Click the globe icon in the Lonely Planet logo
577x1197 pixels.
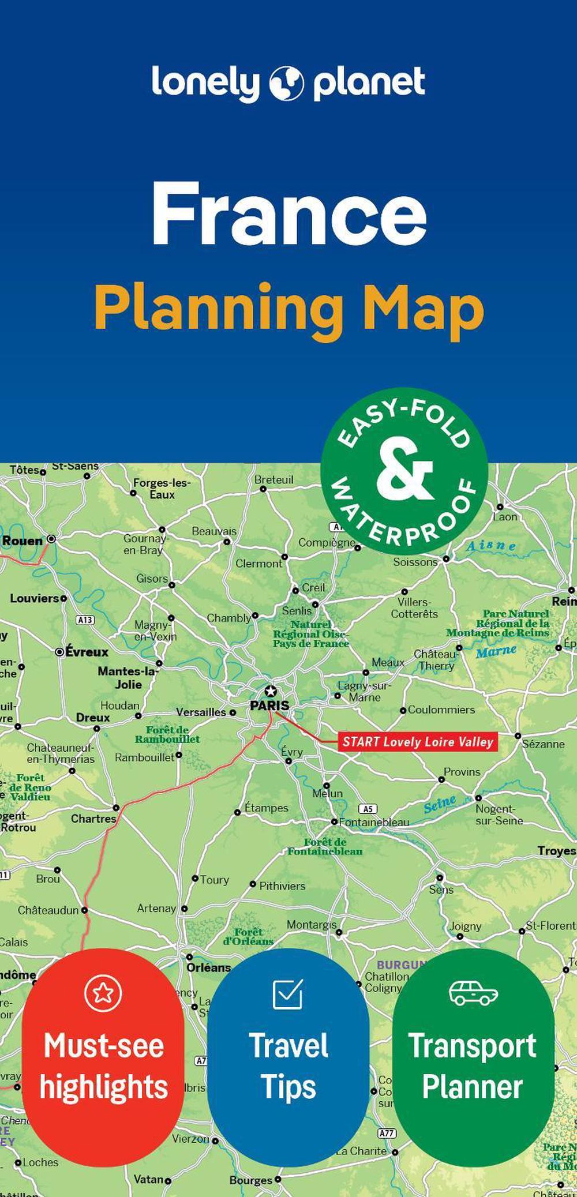coord(286,83)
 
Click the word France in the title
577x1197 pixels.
coord(288,213)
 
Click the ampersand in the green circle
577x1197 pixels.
coord(404,471)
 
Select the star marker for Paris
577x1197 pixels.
coord(270,691)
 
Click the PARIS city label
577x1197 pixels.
coord(269,705)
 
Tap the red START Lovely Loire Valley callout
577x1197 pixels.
coord(417,741)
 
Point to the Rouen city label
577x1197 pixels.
coord(23,541)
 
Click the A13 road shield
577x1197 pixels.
coord(85,620)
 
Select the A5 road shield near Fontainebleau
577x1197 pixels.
coord(368,809)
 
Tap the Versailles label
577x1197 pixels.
coord(201,712)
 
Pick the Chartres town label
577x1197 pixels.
coord(93,818)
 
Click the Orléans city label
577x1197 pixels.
coord(208,967)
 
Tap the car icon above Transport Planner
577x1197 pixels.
coord(473,992)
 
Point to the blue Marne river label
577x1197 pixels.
coord(496,651)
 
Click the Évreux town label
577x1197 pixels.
coord(87,652)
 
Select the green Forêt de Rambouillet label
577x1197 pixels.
coord(167,734)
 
